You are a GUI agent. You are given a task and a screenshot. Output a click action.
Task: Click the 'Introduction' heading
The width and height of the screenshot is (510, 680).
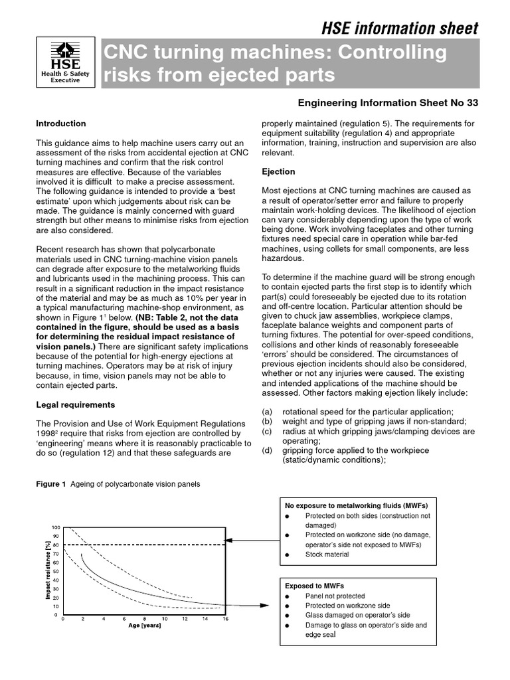[x=60, y=124]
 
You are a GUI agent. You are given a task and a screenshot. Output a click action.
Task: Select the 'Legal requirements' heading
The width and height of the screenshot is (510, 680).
[x=75, y=404]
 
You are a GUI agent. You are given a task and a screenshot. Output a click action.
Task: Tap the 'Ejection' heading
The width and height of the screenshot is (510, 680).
[x=278, y=172]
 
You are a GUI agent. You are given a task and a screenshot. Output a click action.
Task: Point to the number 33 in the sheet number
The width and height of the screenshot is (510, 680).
[x=471, y=103]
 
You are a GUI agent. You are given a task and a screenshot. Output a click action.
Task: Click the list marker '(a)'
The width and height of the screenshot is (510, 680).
[x=267, y=412]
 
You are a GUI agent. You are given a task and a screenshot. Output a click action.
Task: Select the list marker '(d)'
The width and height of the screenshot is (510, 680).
[x=267, y=450]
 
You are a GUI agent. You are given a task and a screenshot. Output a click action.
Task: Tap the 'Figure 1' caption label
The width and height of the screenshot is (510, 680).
[x=50, y=484]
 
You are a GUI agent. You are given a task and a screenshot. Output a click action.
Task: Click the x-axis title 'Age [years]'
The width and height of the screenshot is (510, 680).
[x=143, y=626]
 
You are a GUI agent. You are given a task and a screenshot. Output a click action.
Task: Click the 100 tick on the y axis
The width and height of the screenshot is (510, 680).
[x=55, y=527]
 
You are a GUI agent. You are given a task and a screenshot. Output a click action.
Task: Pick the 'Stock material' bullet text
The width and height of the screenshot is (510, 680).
[x=327, y=554]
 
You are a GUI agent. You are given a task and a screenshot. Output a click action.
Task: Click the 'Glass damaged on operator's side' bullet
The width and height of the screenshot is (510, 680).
[x=357, y=616]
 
